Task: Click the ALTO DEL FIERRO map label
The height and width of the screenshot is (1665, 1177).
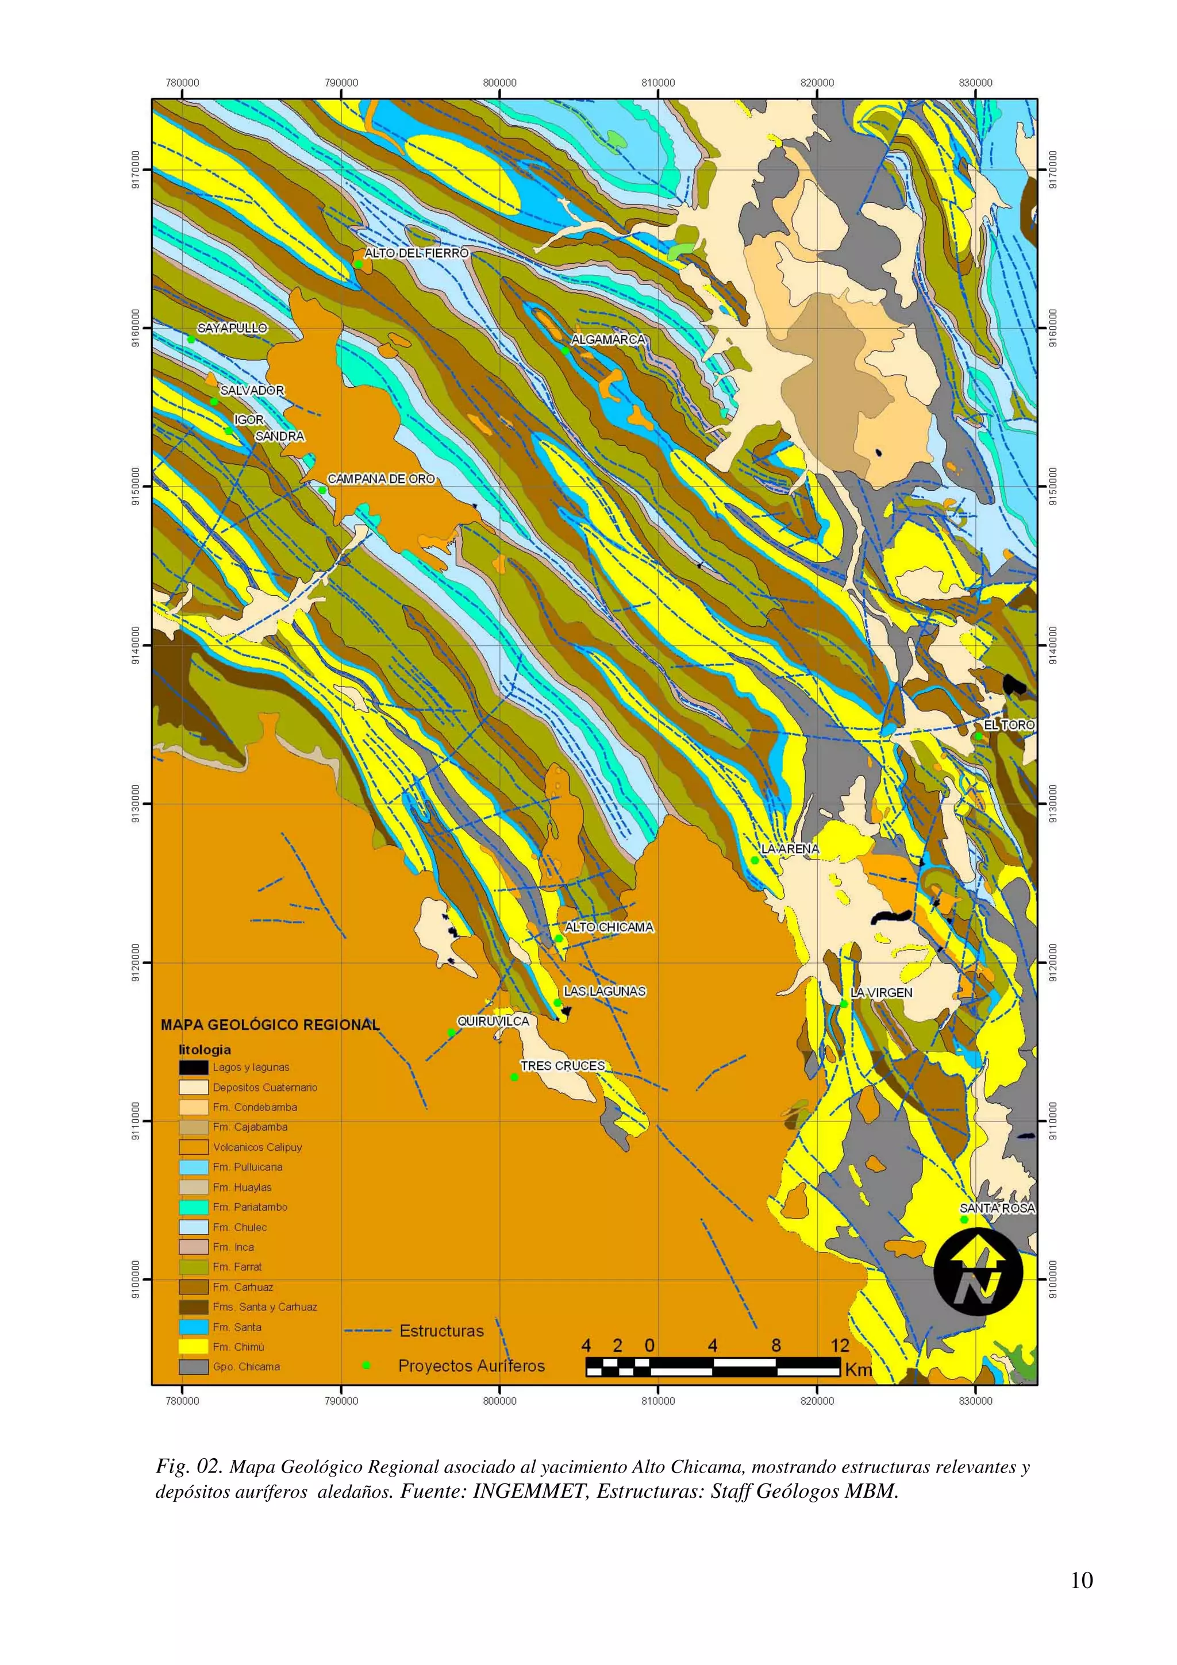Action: [416, 253]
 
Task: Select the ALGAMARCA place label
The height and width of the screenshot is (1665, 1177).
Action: [607, 340]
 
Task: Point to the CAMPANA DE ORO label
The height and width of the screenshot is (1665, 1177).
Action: [380, 479]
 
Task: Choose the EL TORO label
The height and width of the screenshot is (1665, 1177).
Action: [1009, 724]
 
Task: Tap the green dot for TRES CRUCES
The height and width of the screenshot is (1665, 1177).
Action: [514, 1077]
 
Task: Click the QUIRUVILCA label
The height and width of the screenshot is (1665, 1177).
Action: [493, 1021]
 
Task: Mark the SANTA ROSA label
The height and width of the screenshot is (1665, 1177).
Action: [997, 1208]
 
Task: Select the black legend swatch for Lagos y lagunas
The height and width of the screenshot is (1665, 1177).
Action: [194, 1067]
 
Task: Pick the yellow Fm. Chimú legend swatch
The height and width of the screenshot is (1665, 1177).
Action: [194, 1347]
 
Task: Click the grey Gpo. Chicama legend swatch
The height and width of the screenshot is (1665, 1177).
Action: [194, 1367]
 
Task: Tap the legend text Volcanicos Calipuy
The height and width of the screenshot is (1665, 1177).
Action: [257, 1147]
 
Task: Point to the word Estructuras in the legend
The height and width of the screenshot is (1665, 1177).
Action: [441, 1331]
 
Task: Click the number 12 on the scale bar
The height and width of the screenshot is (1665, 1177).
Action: [839, 1346]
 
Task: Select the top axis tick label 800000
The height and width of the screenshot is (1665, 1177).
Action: [499, 83]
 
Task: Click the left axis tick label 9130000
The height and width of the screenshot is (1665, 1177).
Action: [136, 804]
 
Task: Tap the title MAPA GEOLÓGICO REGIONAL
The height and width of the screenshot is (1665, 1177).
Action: [270, 1024]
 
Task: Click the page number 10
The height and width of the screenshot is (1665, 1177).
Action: [1081, 1580]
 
